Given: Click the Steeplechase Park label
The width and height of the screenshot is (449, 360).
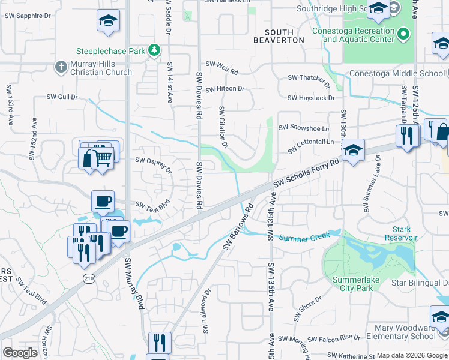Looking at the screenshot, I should [x=111, y=52].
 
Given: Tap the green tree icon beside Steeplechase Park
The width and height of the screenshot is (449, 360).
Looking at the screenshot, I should [x=155, y=50].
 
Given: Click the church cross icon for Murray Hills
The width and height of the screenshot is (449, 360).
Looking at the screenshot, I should [x=61, y=67].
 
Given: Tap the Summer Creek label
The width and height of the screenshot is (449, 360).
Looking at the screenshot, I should [x=304, y=238].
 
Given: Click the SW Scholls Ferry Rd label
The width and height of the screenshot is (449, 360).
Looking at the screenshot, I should [x=306, y=173].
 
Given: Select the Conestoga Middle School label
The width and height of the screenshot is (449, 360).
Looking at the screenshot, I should [x=399, y=74].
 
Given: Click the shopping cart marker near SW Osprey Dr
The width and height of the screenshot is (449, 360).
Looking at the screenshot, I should [x=103, y=158].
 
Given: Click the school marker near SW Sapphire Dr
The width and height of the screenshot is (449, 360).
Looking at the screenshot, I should [x=108, y=21].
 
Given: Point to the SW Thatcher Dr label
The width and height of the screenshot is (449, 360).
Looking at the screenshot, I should [x=309, y=78].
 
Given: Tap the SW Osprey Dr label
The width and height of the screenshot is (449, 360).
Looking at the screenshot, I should [x=154, y=164].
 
